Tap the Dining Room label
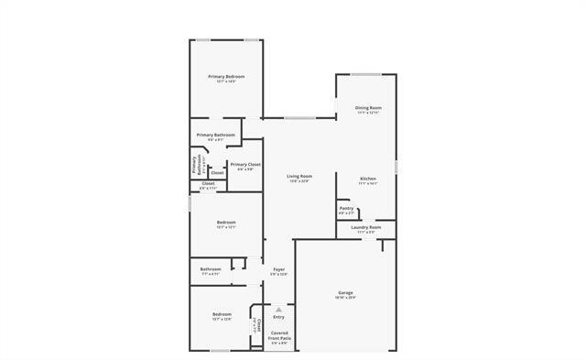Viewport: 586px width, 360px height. click(x=368, y=108)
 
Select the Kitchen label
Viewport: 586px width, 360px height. click(x=368, y=178)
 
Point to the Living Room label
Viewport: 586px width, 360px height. click(x=299, y=176)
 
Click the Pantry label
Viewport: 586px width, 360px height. click(x=346, y=208)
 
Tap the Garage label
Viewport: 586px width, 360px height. click(x=345, y=292)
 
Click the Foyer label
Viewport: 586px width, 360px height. click(x=279, y=269)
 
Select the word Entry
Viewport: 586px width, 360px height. click(x=278, y=317)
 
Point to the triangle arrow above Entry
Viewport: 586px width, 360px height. click(x=279, y=310)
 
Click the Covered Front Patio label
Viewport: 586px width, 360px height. click(x=279, y=336)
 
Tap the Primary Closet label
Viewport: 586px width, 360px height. click(x=246, y=164)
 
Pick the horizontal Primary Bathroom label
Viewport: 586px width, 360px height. click(x=216, y=135)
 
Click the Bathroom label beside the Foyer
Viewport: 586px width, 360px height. click(x=211, y=268)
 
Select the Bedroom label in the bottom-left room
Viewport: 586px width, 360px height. click(x=221, y=314)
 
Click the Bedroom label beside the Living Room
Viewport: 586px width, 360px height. click(x=226, y=223)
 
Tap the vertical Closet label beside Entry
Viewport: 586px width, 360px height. click(x=259, y=326)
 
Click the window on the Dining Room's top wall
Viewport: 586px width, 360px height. click(x=367, y=75)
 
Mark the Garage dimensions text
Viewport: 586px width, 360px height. click(x=345, y=298)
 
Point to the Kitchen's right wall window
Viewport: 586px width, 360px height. click(x=396, y=167)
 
